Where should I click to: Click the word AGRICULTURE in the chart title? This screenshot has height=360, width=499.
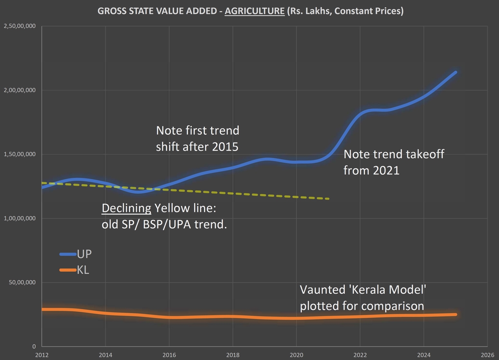254,11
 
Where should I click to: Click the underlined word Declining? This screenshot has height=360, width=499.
126,209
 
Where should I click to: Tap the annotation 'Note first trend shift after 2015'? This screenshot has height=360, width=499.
198,139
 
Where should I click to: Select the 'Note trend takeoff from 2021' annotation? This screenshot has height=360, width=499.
393,162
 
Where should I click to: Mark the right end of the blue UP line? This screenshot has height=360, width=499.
455,72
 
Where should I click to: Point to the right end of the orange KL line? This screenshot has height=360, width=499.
455,314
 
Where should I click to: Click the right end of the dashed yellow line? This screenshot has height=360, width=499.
328,199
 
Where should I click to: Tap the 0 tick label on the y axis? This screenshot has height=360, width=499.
34,346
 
